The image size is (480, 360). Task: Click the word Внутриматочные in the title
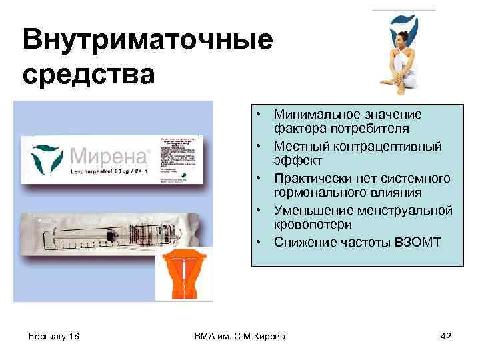(147, 41)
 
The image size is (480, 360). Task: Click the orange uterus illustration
(184, 273)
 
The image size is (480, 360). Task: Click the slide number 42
(446, 336)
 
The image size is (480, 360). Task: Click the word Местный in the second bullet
(300, 146)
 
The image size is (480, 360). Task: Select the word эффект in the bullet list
(297, 161)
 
